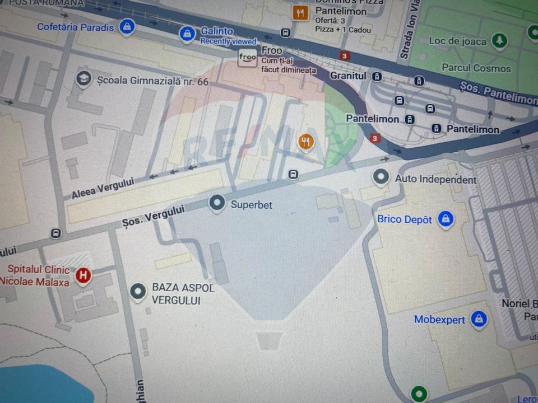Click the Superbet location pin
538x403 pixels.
tap(217, 203)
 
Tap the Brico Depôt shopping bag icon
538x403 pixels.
tap(446, 219)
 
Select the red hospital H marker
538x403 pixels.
tap(84, 275)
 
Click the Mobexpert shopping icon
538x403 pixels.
tap(478, 319)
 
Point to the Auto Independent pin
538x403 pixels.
tap(381, 177)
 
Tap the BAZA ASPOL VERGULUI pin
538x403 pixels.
tap(138, 291)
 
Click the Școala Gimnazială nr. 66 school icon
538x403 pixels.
tap(84, 78)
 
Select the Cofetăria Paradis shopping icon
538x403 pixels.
tap(127, 26)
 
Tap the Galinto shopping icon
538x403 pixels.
tap(187, 34)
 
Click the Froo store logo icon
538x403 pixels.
tap(247, 57)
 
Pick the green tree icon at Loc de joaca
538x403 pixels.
tap(499, 40)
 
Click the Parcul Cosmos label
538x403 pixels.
tap(476, 68)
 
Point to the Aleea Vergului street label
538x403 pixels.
tap(103, 188)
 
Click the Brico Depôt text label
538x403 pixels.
tap(404, 219)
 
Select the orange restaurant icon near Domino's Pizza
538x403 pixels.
tap(301, 12)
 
